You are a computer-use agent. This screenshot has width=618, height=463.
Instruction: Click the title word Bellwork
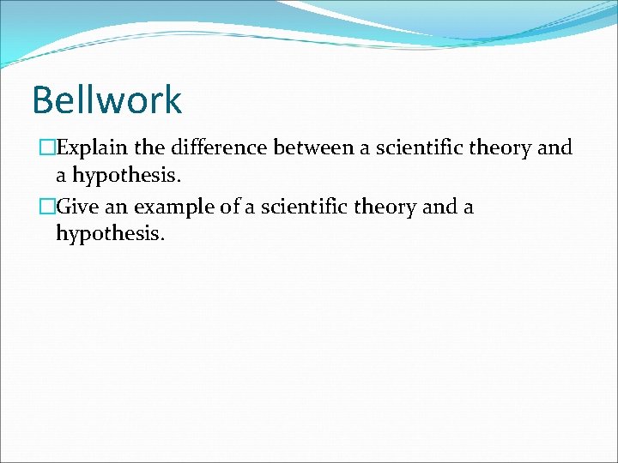106,99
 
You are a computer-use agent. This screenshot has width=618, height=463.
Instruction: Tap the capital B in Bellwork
42,99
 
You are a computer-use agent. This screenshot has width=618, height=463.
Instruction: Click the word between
306,147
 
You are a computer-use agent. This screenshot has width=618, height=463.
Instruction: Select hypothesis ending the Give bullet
108,233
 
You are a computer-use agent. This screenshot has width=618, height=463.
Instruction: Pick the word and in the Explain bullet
554,147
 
